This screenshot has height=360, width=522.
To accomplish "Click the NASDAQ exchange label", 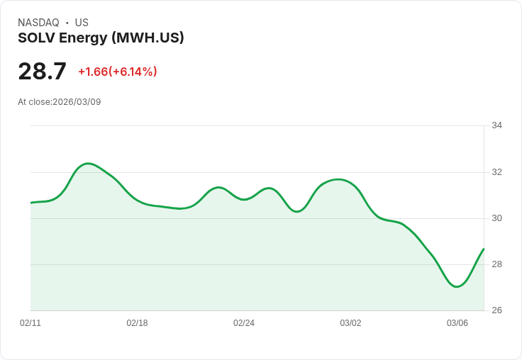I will (x=38, y=23).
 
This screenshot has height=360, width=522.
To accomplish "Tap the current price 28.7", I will (x=42, y=72).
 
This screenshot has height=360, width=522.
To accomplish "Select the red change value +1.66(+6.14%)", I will (x=118, y=72).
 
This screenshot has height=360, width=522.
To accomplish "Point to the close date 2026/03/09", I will (x=77, y=102).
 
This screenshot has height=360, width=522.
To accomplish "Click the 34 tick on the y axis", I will (x=496, y=125).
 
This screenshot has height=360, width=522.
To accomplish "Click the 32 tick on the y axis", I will (x=496, y=172).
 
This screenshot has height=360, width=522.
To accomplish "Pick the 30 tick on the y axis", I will (x=496, y=218).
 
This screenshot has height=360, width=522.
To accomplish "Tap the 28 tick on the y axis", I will (x=496, y=264).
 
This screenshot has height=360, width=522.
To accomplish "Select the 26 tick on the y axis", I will (x=496, y=310).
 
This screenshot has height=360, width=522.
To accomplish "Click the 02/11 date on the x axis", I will (x=30, y=323).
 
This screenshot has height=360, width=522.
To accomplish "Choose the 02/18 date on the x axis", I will (x=137, y=323).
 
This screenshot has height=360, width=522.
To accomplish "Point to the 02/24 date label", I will (x=244, y=323).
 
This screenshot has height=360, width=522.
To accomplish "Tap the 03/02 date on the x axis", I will (x=350, y=323).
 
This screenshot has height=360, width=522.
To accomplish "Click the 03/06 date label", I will (x=457, y=323).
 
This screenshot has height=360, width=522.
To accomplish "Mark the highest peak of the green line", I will (x=87, y=164).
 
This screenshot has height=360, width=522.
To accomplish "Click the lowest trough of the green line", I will (x=457, y=286).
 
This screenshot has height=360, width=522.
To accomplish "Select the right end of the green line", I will (x=484, y=249).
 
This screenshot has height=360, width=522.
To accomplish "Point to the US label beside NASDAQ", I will (x=82, y=23).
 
